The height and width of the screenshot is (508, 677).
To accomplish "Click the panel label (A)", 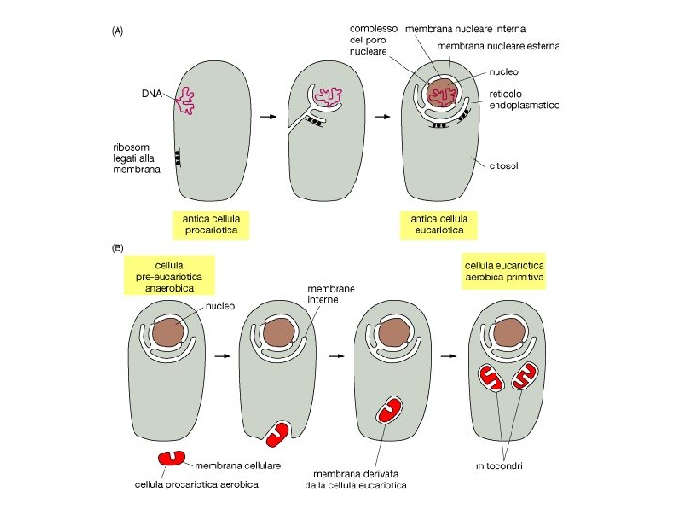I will [x=118, y=30].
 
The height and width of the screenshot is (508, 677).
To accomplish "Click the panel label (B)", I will [x=118, y=248].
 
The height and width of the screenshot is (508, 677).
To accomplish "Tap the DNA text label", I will [x=150, y=93].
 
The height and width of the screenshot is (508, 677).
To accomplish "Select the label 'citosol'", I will [x=507, y=167].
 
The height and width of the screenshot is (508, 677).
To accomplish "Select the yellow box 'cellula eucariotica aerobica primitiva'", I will [x=505, y=267].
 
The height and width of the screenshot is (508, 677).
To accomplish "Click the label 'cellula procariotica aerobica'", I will [x=196, y=484].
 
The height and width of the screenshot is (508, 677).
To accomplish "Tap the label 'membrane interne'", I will [x=331, y=294].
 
